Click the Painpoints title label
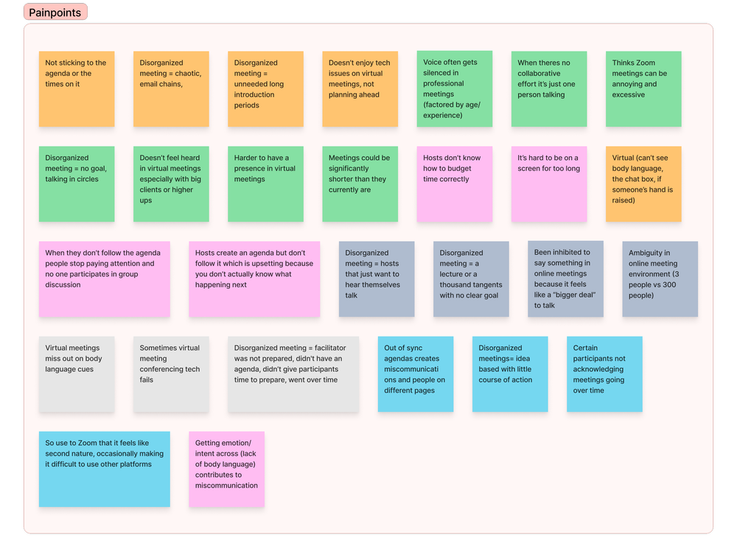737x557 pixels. coord(55,13)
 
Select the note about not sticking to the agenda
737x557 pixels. coord(77,88)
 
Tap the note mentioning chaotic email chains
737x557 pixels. coord(171,88)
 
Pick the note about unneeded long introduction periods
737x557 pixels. coord(265,88)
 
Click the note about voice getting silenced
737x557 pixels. coord(454,88)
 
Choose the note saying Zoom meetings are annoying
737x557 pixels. coord(643,88)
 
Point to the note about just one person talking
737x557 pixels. coord(549,88)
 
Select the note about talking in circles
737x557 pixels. coord(77,183)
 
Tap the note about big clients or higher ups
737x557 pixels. coord(171,183)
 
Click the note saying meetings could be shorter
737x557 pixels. coord(360,183)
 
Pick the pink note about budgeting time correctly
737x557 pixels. coord(454,183)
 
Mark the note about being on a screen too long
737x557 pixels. coord(549,183)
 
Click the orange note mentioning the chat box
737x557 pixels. coord(643,183)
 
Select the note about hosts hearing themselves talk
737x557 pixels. coord(377,278)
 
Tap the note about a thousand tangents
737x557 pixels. coord(471,278)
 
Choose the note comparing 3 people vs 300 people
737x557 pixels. coord(660,278)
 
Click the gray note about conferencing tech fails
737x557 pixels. coord(171,374)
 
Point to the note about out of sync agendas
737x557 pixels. coord(416,374)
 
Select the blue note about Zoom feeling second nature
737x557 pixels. coord(104,469)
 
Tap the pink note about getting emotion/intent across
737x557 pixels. coord(226,469)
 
